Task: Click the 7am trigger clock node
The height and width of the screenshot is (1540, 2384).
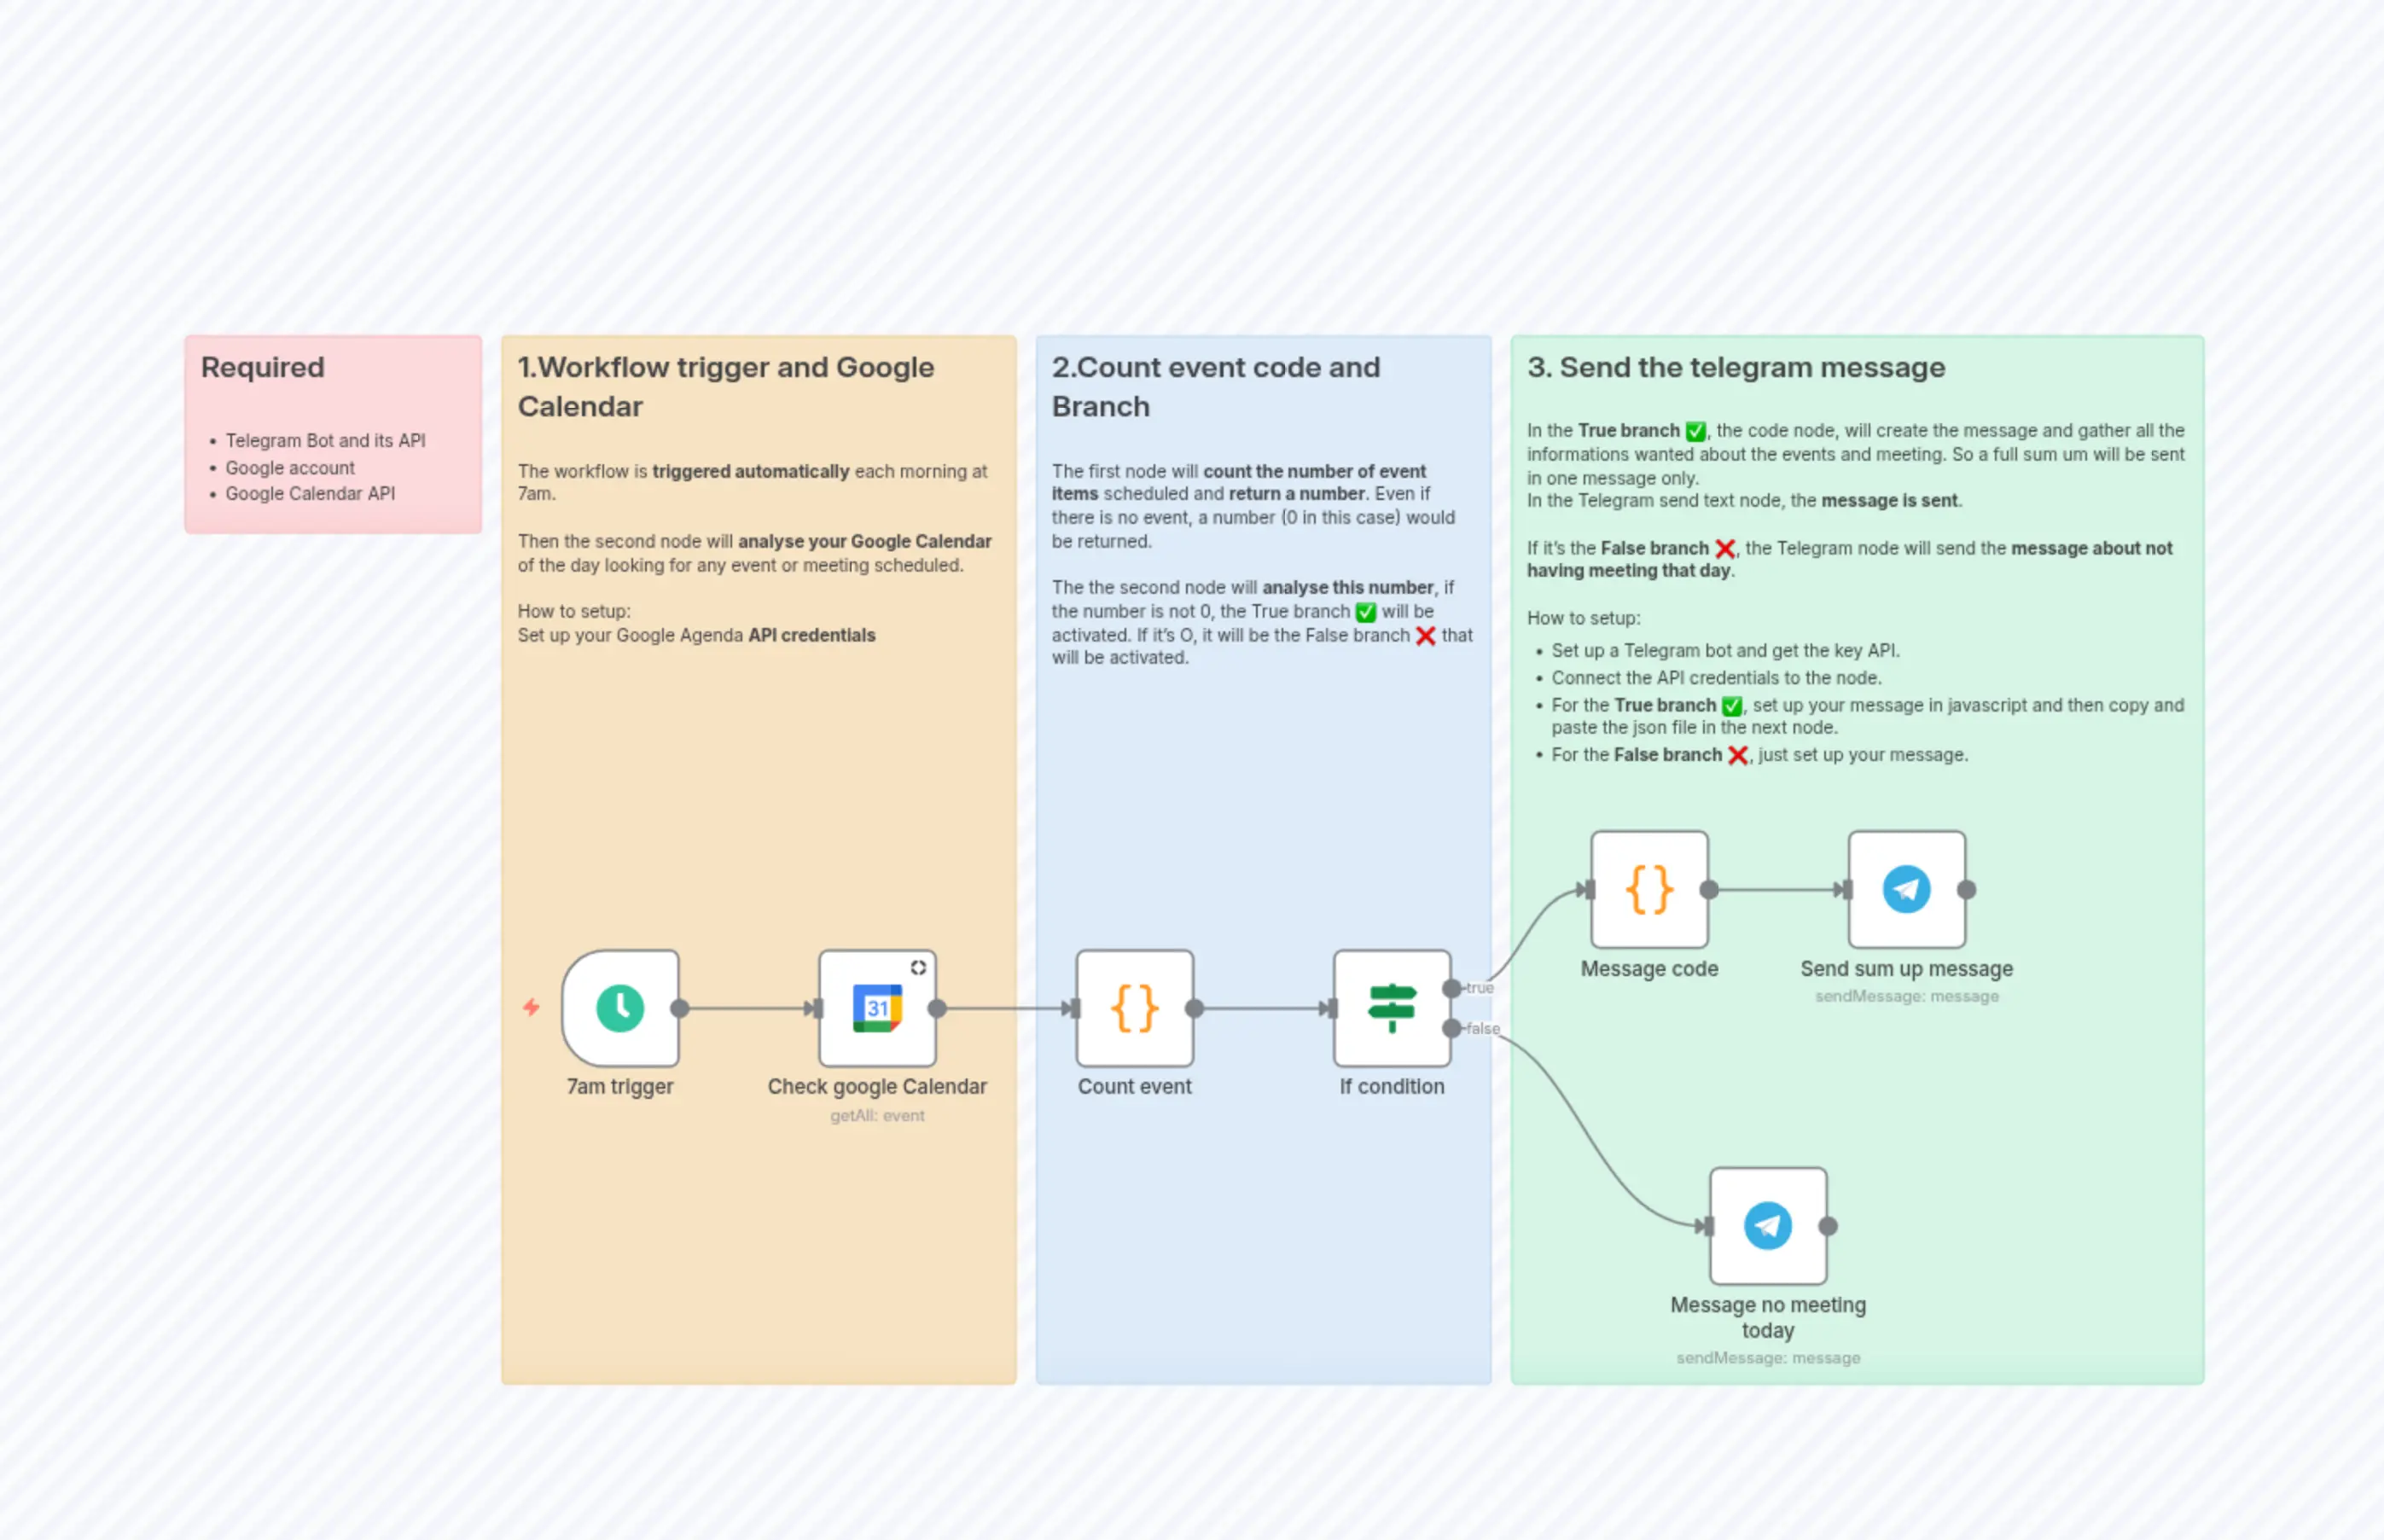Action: (620, 1008)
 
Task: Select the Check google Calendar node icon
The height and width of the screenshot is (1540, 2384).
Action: (877, 1008)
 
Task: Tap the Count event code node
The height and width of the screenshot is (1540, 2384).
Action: (1134, 1008)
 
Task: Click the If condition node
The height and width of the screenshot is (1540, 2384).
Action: (1391, 1008)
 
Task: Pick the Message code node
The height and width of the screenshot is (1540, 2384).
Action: (1649, 889)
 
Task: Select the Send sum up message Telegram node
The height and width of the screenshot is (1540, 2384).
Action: (1906, 889)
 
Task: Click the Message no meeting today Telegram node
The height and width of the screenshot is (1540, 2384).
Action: (1767, 1226)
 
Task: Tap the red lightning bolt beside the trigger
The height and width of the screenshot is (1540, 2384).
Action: (531, 1007)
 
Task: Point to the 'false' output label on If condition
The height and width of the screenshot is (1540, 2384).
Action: (1482, 1028)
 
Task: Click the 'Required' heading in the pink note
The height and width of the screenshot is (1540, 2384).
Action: (263, 367)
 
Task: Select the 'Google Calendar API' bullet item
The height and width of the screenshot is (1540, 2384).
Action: (310, 493)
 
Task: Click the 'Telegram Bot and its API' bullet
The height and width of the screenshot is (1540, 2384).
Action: (325, 440)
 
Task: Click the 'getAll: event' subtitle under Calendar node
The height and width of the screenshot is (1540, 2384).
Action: (877, 1115)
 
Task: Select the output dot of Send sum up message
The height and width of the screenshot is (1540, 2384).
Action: (1966, 889)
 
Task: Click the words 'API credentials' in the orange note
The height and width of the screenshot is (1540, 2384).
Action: (812, 635)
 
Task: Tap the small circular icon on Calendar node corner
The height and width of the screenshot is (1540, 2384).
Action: (918, 967)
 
